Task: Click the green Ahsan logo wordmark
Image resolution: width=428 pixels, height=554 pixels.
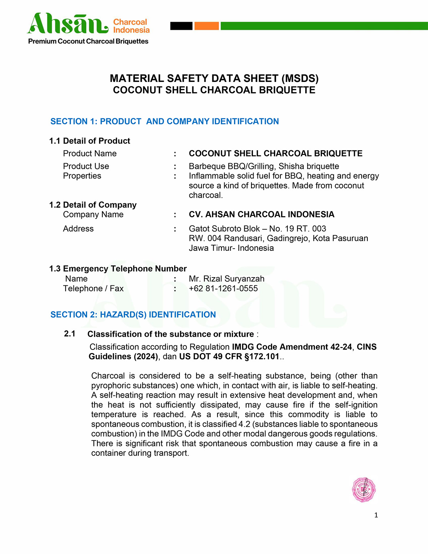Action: click(x=68, y=24)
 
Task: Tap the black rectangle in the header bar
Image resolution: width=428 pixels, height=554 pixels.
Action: click(x=181, y=26)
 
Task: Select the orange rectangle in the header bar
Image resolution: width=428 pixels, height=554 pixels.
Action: click(x=207, y=26)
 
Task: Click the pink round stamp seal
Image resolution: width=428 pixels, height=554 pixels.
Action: click(x=364, y=490)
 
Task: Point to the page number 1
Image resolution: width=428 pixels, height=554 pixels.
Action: click(x=376, y=515)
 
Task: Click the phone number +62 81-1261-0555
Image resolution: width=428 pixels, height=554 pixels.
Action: click(x=223, y=289)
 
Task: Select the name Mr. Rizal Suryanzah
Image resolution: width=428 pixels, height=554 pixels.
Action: click(x=226, y=279)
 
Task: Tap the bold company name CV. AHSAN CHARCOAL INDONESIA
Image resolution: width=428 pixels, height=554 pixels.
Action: click(x=261, y=214)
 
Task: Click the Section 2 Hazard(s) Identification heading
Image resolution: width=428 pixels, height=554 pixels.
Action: click(x=133, y=315)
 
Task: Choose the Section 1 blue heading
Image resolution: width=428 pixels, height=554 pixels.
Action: click(x=164, y=121)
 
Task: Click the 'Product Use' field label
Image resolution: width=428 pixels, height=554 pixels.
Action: click(x=86, y=166)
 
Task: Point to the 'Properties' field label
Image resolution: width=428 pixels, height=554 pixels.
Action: click(x=82, y=176)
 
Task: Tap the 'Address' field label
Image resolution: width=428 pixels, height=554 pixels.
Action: click(x=78, y=229)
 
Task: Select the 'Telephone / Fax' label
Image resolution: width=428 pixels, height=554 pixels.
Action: click(x=93, y=289)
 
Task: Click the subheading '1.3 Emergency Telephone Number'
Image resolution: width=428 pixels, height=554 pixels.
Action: click(x=118, y=269)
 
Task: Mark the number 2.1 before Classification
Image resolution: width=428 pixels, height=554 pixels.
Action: click(x=70, y=334)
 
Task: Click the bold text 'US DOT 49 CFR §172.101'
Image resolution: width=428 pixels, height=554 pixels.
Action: click(x=229, y=357)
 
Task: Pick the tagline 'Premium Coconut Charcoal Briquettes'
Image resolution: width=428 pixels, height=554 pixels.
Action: click(x=88, y=41)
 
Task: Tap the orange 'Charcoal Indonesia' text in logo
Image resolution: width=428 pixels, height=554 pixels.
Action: click(x=131, y=26)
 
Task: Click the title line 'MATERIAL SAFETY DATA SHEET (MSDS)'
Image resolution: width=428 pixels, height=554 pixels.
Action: click(x=214, y=78)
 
